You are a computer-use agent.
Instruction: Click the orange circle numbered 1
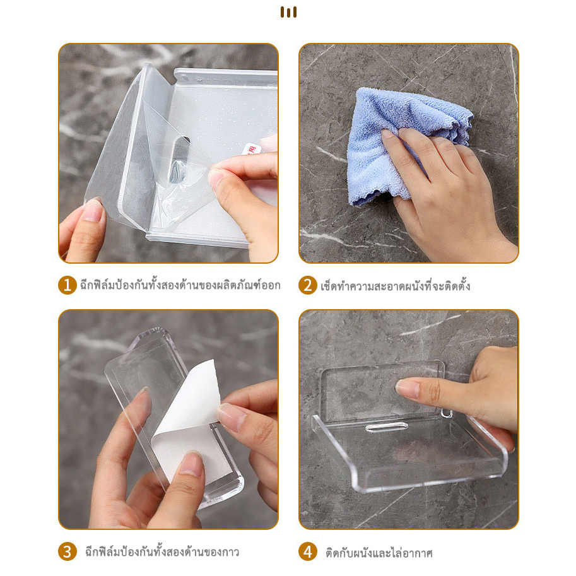(68, 285)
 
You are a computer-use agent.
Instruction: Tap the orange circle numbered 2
(307, 285)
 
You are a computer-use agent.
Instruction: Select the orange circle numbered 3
(68, 552)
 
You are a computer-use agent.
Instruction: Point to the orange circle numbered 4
(307, 552)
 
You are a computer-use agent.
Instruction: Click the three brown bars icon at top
(288, 12)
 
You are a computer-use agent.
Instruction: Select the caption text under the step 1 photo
(180, 285)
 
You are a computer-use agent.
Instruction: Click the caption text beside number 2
(396, 286)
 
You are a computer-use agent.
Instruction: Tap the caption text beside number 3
(162, 552)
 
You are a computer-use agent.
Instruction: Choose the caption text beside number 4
(379, 553)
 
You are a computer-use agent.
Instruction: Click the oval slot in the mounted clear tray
(387, 427)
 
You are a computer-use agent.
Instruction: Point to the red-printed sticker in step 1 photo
(252, 149)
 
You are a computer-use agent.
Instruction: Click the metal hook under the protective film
(179, 160)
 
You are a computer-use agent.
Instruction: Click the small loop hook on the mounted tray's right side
(446, 414)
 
